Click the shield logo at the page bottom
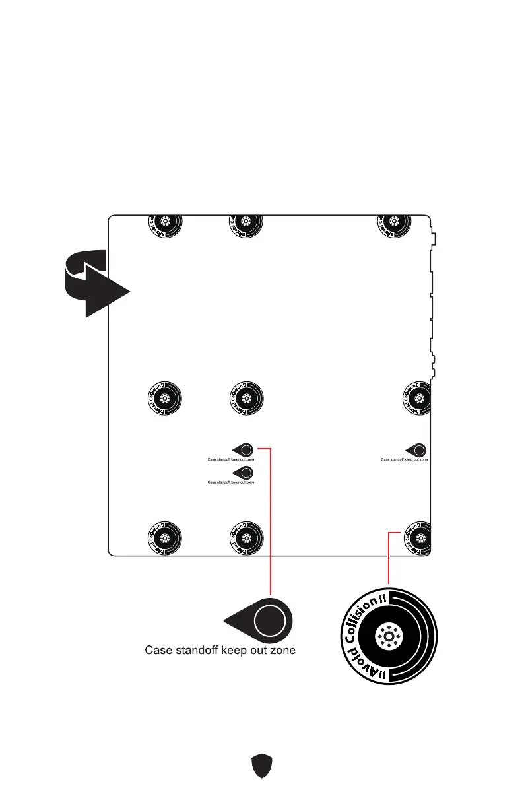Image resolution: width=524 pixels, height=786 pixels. point(262,766)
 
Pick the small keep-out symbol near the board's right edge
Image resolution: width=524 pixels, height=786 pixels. point(418,450)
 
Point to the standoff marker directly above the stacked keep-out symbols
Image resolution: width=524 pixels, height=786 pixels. point(246,398)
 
